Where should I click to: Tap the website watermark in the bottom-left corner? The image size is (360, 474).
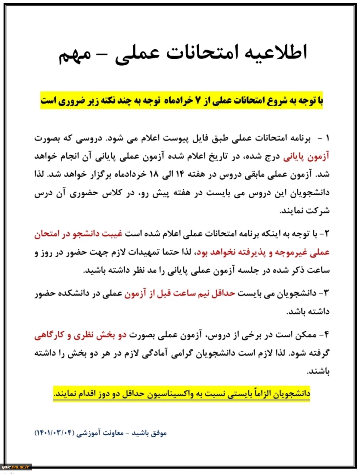coord(16,467)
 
